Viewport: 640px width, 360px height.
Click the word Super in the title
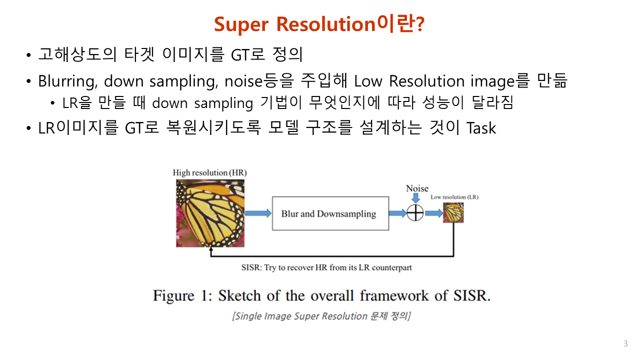[x=241, y=24]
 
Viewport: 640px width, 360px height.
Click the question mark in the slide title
[x=419, y=24]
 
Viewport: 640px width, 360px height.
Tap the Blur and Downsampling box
[x=330, y=213]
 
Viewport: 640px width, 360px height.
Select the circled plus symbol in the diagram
[x=415, y=213]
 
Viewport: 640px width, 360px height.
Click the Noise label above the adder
[x=417, y=188]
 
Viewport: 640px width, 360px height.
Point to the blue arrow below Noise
[x=416, y=198]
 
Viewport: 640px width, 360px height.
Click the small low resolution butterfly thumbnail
[x=453, y=212]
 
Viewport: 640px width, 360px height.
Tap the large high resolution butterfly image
[x=210, y=213]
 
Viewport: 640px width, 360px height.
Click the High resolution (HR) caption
[x=209, y=173]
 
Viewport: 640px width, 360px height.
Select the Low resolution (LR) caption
[x=454, y=197]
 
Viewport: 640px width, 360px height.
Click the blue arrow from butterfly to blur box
[x=258, y=213]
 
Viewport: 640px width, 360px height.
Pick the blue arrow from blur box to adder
[x=397, y=213]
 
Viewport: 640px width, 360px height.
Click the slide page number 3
[x=625, y=343]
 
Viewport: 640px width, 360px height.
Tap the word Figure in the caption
[x=173, y=295]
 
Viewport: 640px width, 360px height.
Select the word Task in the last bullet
[x=481, y=127]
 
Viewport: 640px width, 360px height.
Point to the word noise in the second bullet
[x=243, y=81]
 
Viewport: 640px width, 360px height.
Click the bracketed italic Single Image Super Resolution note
[x=321, y=316]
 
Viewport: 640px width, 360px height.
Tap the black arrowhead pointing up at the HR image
[x=211, y=249]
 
